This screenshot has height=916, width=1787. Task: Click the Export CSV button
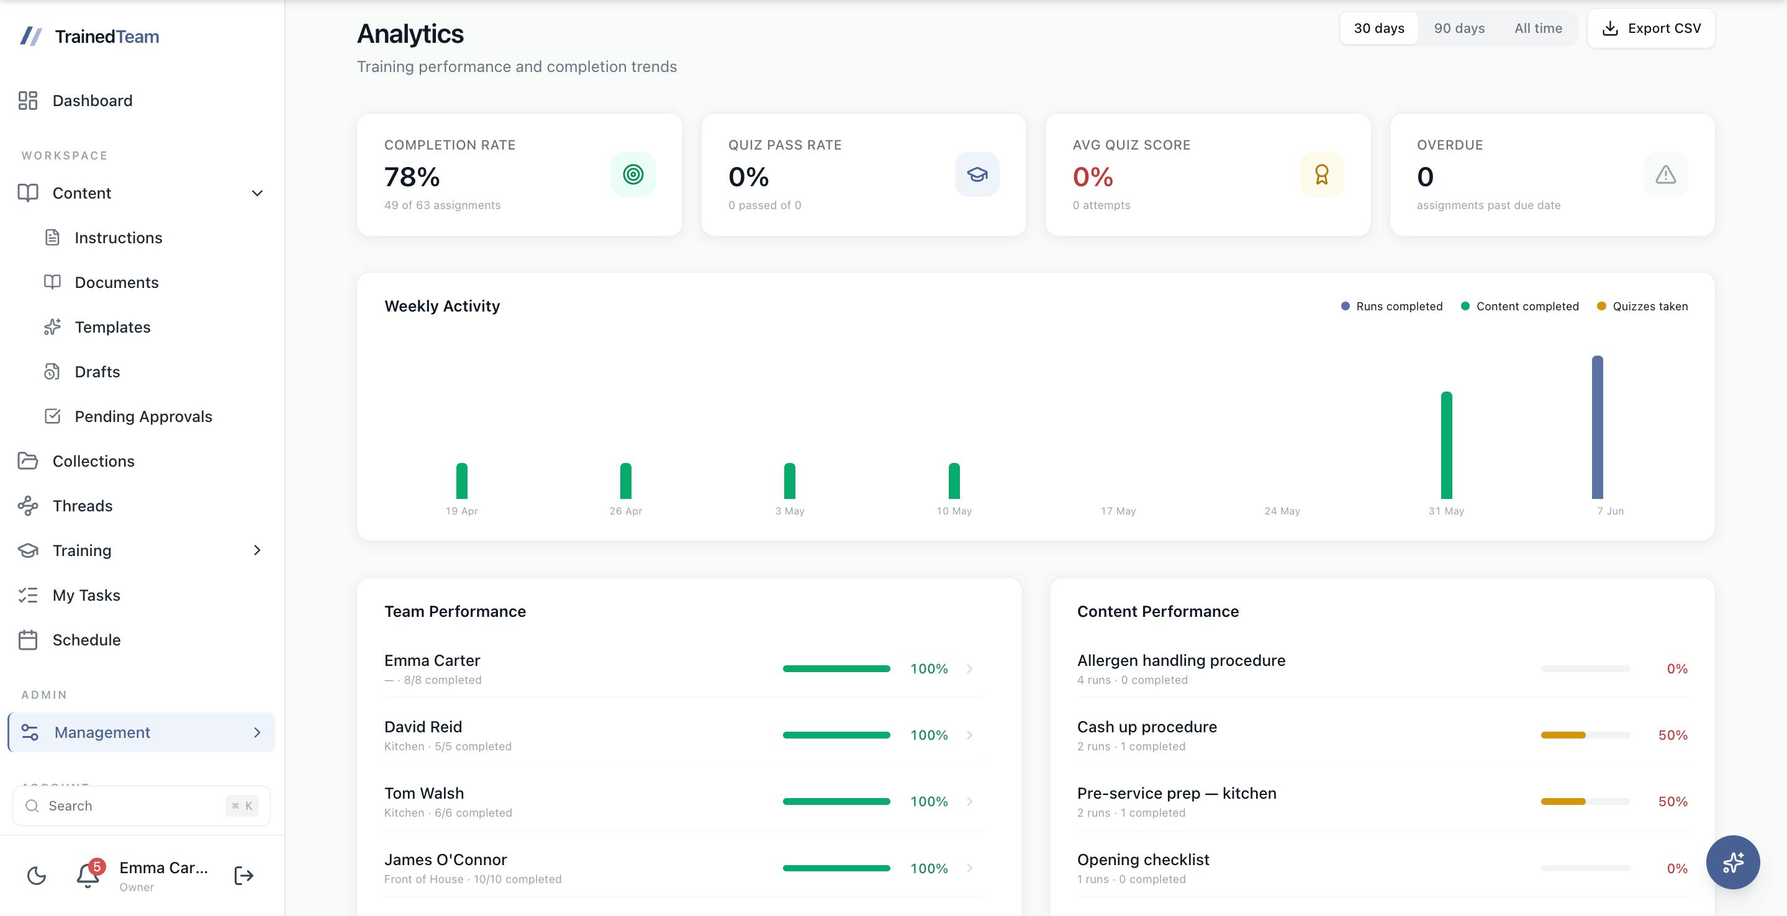click(1650, 29)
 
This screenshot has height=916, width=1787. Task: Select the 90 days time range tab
click(1459, 29)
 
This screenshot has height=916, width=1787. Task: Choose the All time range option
click(1538, 29)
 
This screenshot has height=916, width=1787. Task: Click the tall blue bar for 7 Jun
click(1597, 427)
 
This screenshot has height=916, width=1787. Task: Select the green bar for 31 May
click(1446, 445)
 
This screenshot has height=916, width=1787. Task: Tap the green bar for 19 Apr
click(462, 480)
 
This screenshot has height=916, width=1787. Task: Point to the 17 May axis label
click(1118, 511)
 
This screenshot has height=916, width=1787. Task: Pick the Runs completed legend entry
click(1391, 307)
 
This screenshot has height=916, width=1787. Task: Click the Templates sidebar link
click(112, 326)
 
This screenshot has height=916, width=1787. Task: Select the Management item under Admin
click(142, 732)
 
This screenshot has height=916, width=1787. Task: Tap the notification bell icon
click(88, 875)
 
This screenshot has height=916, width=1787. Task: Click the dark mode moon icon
click(36, 876)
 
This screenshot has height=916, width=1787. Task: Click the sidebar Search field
click(142, 806)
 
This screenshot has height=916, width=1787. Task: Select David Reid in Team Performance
click(423, 727)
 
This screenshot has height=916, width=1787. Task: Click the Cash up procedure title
click(1147, 727)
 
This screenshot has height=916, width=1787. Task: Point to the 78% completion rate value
click(412, 177)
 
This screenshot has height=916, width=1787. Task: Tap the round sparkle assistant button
click(1733, 863)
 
